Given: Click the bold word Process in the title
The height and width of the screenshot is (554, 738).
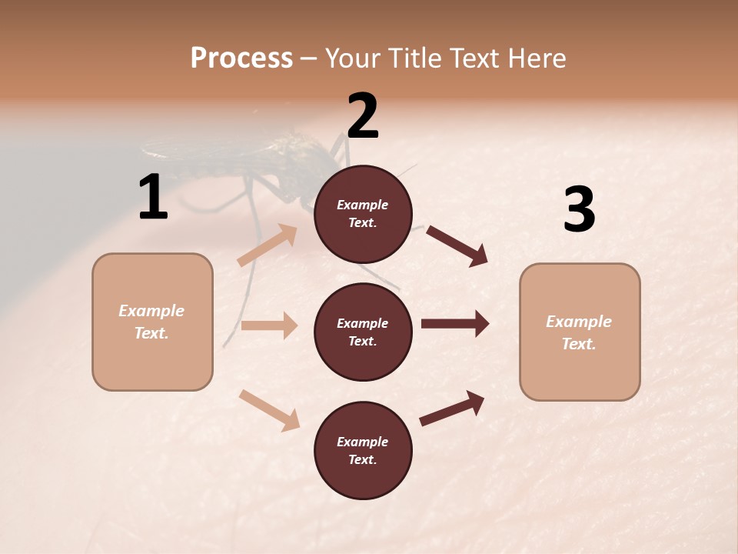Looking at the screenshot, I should coord(241,58).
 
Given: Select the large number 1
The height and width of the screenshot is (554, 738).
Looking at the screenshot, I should coord(153,198).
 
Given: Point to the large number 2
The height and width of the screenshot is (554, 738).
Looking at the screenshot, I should coord(363,116).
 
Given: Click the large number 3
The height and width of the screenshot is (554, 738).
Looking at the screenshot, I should coord(579,210).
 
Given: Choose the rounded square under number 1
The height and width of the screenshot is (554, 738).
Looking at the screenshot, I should coord(152,322).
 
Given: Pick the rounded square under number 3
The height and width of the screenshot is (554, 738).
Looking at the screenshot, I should coord(580,332).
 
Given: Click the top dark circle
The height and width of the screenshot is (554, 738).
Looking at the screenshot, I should coord(363,214).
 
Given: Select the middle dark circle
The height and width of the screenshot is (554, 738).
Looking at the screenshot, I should coord(363,332).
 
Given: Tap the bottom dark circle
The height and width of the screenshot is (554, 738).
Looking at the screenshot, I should coord(363,451).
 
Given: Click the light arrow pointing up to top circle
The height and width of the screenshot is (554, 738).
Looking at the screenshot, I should coord(268,245).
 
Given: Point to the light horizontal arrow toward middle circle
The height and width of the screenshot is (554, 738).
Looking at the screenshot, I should coord(269,325).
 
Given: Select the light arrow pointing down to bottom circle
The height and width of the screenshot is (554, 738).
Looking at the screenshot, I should coord(269,410).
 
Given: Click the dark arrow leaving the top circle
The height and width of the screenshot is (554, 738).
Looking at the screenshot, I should coord(457,245).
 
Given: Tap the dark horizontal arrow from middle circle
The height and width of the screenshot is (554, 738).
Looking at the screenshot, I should coord(454,324).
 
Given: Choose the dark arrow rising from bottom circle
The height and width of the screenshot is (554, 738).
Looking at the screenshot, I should coord(452,409).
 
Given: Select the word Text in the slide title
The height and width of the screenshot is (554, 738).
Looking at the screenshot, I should coord(472,58).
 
